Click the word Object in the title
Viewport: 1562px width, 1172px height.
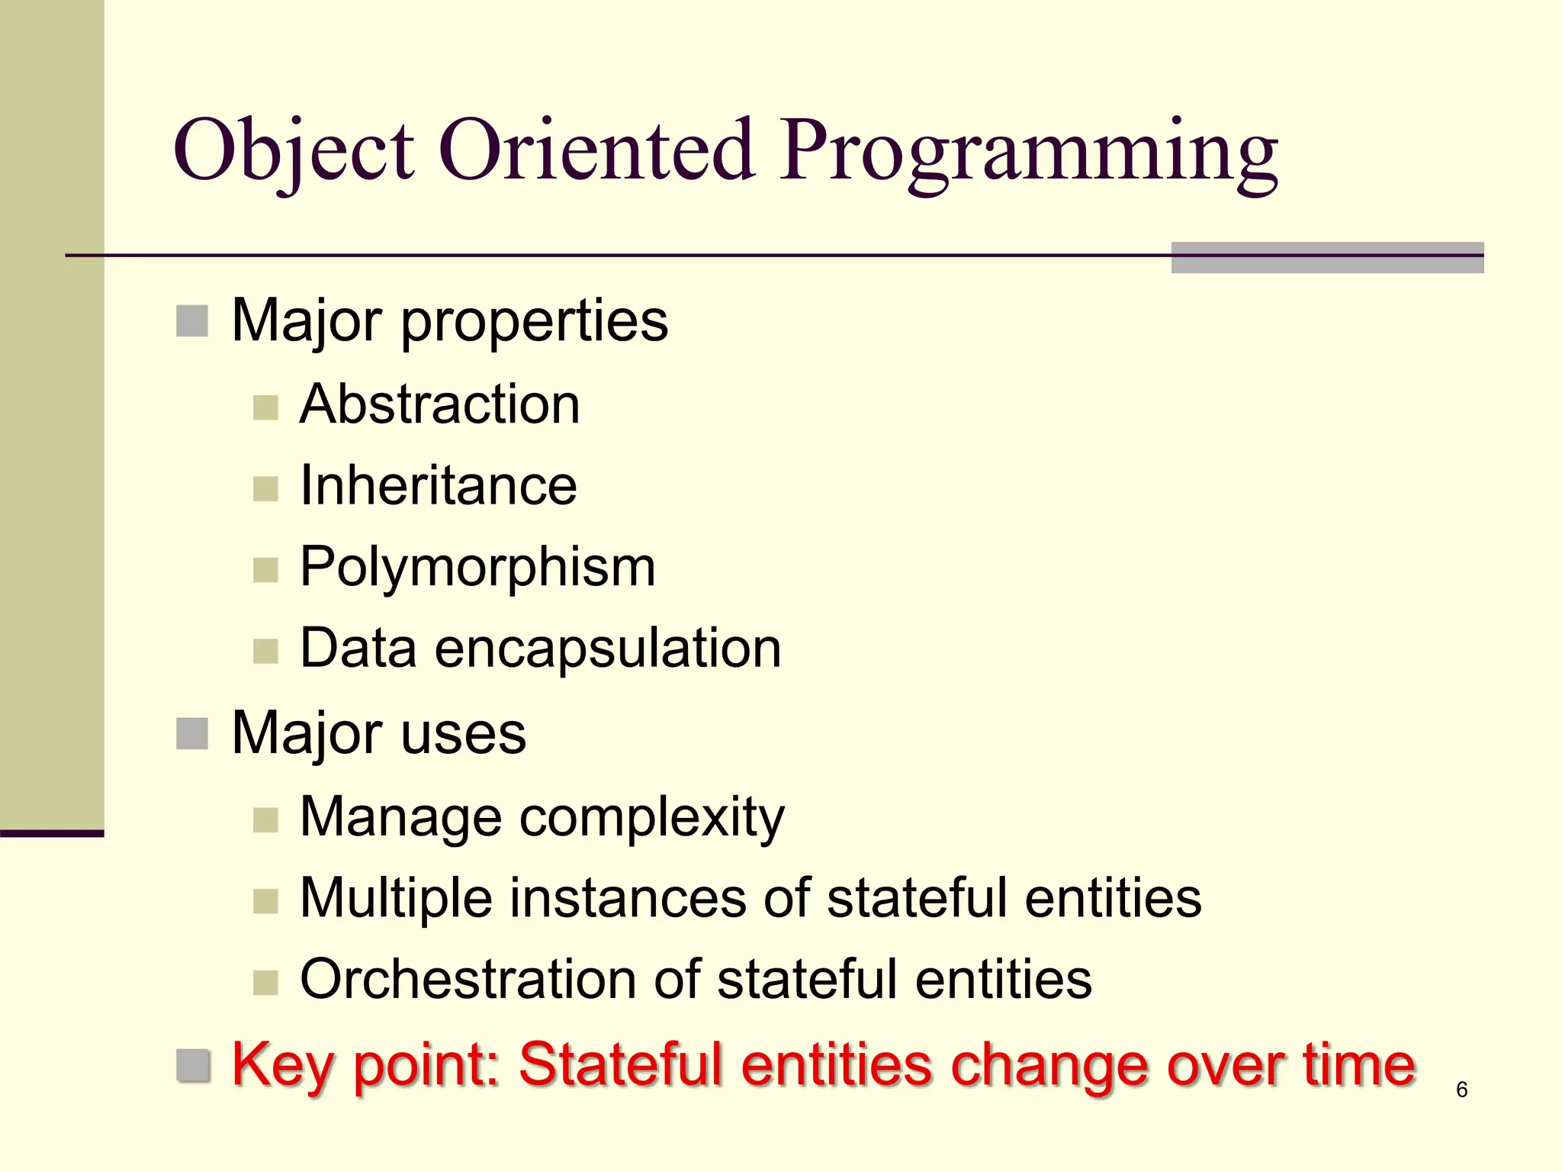294,151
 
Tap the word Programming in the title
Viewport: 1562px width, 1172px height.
1029,151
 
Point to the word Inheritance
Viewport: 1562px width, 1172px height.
439,485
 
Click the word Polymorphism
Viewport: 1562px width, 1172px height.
477,568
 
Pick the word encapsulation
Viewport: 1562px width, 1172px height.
608,649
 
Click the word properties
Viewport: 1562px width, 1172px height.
534,322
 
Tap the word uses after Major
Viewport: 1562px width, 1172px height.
463,734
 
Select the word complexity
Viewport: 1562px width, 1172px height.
651,818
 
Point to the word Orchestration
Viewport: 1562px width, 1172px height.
468,980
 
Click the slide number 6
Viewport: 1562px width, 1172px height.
1461,1090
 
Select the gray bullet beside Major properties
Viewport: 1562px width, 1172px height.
192,321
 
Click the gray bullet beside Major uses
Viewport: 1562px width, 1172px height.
192,734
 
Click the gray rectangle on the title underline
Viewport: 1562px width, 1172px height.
1327,258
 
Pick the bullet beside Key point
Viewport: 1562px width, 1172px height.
193,1066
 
